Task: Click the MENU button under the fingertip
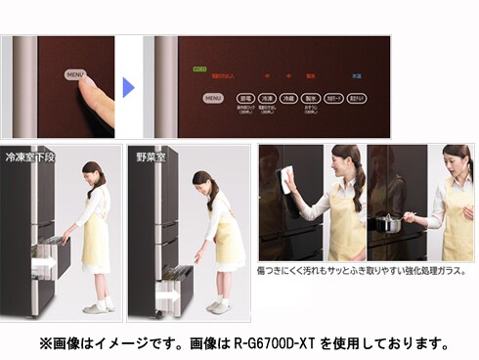click(74, 74)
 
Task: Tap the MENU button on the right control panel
click(213, 98)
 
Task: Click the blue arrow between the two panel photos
click(128, 87)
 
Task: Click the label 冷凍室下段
click(29, 157)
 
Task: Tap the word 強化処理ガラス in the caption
click(434, 270)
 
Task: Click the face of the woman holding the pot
click(452, 162)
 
